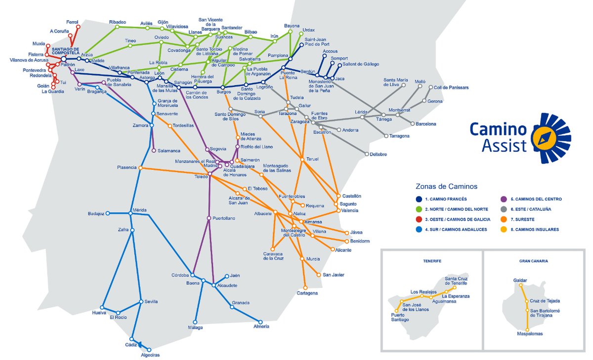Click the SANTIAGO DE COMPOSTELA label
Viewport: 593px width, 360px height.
(66, 51)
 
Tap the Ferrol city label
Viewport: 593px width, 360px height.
(72, 22)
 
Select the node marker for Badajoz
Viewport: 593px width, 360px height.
(108, 213)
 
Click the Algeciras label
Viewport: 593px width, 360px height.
(150, 355)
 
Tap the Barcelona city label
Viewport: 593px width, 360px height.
(426, 123)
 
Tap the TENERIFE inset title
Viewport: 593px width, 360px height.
(432, 260)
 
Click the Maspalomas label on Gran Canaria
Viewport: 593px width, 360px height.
(529, 334)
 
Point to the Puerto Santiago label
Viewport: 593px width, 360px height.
(400, 317)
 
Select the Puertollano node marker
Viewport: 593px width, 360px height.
(209, 218)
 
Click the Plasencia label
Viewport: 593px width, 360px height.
(127, 167)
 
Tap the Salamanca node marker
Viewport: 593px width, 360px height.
(154, 151)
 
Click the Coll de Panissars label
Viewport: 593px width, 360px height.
(451, 87)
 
